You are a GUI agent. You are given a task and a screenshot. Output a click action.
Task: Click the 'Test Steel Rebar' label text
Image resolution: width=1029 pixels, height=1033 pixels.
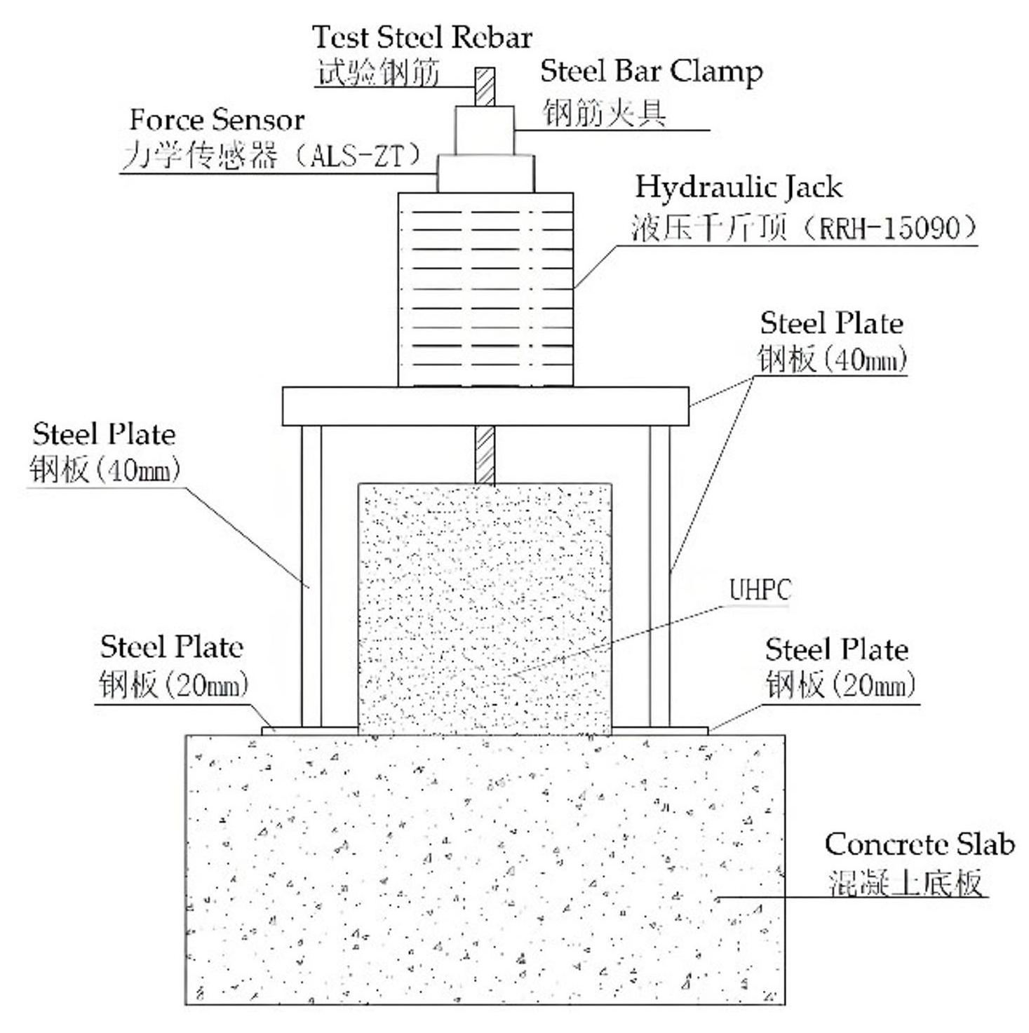click(x=422, y=37)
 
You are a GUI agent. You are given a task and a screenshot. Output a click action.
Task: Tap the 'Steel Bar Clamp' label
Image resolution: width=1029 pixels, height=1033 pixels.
click(x=651, y=71)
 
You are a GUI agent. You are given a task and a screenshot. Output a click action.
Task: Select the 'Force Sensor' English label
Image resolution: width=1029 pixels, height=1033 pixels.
click(x=217, y=120)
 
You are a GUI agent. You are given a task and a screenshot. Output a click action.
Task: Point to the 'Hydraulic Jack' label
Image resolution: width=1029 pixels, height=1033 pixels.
click(x=738, y=187)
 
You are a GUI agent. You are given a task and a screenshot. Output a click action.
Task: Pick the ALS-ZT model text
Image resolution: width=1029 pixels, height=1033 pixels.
click(x=358, y=156)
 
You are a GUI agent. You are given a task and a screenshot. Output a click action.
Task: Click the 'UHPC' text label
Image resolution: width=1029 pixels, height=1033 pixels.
click(x=760, y=590)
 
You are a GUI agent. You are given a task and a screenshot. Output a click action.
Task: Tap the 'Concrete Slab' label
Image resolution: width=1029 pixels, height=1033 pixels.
click(x=919, y=844)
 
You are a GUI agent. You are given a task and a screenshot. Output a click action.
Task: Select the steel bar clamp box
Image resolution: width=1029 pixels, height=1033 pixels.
click(x=485, y=130)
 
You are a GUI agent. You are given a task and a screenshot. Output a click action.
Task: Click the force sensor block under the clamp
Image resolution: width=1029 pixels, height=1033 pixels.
click(x=485, y=173)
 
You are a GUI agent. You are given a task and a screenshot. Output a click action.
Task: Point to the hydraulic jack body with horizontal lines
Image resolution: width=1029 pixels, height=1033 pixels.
click(x=485, y=289)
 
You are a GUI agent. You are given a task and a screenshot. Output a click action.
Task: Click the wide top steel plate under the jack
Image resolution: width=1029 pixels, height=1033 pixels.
click(x=485, y=406)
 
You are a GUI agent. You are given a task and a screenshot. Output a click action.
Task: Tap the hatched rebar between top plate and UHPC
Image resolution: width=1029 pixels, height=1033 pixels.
click(x=485, y=454)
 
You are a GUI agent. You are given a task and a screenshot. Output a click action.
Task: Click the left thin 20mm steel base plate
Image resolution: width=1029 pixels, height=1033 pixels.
click(x=309, y=731)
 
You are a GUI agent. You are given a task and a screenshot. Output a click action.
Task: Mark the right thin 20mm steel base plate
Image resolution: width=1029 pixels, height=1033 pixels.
click(x=659, y=731)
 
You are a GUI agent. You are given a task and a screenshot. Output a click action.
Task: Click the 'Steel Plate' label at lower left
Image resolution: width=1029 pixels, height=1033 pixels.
click(x=171, y=647)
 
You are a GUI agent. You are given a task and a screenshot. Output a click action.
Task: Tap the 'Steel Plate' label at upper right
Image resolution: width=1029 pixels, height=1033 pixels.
click(x=831, y=323)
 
